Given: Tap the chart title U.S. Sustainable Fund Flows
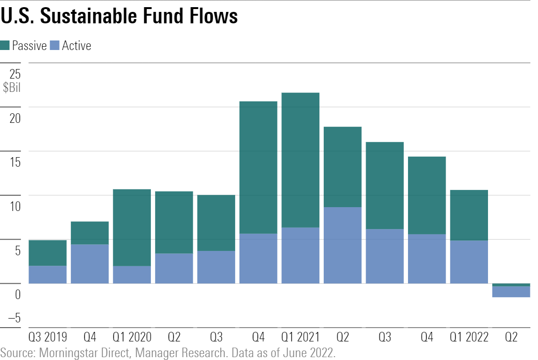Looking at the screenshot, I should click(119, 17).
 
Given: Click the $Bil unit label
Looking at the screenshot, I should click(12, 88).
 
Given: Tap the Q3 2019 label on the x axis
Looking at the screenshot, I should click(48, 338).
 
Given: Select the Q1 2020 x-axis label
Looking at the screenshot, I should click(132, 338).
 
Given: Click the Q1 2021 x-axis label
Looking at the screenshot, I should click(300, 338).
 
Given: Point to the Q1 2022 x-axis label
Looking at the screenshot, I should click(469, 338).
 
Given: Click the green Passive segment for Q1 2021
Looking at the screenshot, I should click(300, 160).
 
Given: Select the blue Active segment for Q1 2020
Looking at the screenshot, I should click(132, 275).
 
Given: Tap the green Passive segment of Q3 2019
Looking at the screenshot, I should click(48, 253).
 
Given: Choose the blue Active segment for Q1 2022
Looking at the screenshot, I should click(469, 262).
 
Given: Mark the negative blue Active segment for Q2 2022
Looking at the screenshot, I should click(511, 292).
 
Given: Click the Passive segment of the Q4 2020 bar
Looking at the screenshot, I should click(258, 167).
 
